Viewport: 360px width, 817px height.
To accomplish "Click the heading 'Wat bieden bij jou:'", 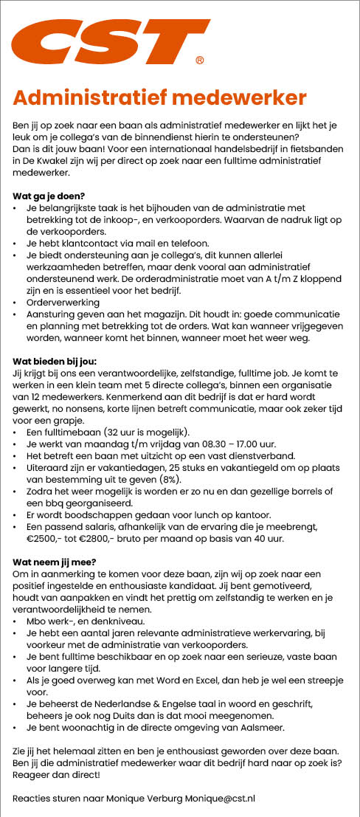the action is point(55,361).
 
